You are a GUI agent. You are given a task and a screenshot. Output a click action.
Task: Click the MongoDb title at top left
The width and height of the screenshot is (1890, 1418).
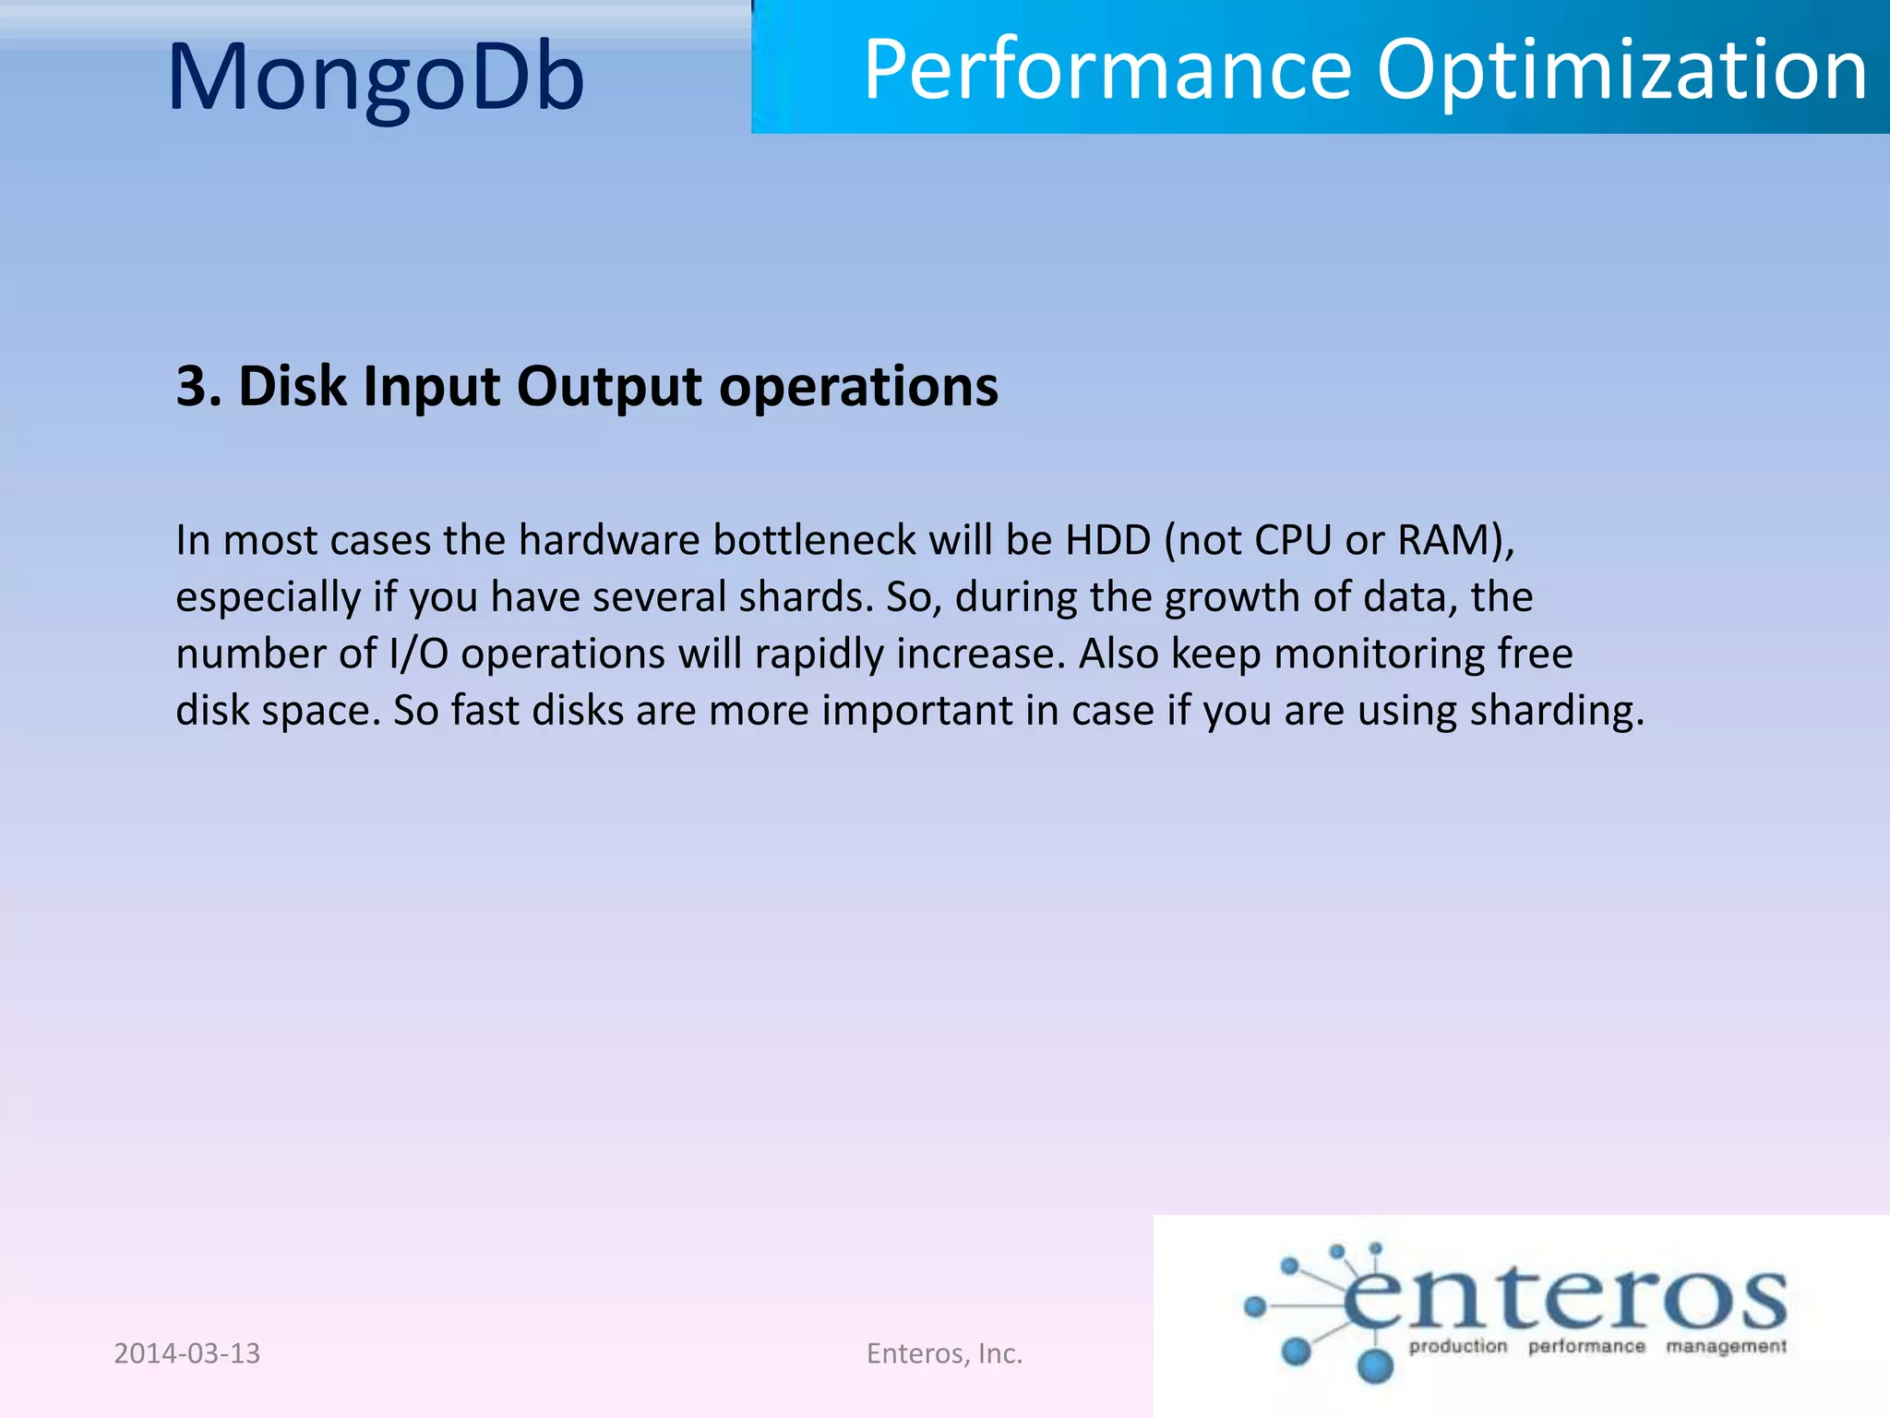(x=377, y=78)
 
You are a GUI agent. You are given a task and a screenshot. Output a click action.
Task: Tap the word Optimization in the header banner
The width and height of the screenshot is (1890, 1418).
(x=1622, y=72)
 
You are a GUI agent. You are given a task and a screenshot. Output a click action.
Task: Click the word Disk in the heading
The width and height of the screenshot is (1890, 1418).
(x=293, y=386)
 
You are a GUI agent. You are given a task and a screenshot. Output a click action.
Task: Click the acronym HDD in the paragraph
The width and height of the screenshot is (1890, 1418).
(x=1107, y=540)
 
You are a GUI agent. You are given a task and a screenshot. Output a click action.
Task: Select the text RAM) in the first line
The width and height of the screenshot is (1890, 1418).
(x=1455, y=541)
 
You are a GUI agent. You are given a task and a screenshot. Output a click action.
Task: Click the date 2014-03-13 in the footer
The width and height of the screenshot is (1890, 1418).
(x=187, y=1353)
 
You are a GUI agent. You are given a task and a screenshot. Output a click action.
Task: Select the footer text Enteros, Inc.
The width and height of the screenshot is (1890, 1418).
(x=944, y=1353)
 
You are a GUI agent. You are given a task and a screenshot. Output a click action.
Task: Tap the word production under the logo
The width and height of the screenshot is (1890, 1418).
(x=1457, y=1347)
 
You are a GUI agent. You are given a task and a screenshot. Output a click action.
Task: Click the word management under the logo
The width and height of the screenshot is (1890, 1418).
(x=1726, y=1347)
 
